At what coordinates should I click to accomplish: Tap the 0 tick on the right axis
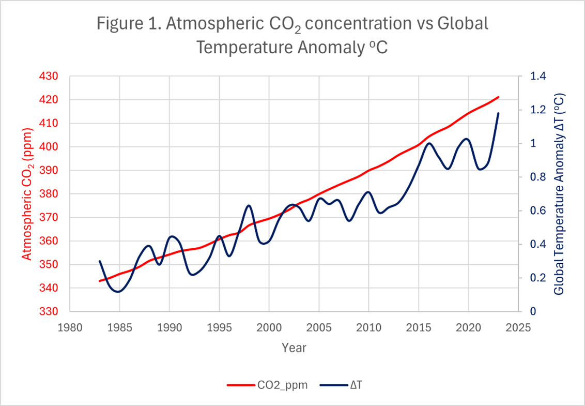pos(532,312)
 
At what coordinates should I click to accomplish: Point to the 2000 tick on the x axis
pos(269,327)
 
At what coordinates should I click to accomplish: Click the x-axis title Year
pos(294,348)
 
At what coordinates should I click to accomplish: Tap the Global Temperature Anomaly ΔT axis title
pos(560,194)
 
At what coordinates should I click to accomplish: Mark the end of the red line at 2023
pos(498,97)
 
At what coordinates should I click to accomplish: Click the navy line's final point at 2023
pos(498,113)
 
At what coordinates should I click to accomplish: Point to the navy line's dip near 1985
pos(118,292)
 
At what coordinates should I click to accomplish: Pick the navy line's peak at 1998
pos(249,205)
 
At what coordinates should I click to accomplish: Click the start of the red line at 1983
pos(100,281)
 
